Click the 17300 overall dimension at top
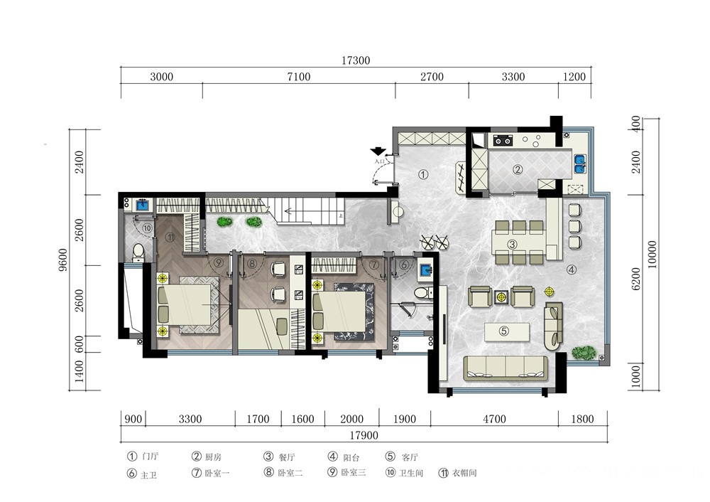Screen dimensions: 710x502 (356, 60)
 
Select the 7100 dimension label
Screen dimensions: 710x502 (299, 77)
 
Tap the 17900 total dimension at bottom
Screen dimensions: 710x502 (364, 435)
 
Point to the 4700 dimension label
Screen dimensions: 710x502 (494, 419)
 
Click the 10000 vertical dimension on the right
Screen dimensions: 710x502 (652, 255)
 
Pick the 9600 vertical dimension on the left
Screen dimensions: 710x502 (63, 260)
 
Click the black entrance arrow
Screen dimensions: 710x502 (378, 151)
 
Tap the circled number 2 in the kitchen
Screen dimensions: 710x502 (518, 170)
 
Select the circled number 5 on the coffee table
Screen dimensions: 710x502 (504, 331)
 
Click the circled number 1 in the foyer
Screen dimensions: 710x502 (423, 174)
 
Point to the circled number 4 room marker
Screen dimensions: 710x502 (572, 269)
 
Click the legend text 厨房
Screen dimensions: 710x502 (213, 457)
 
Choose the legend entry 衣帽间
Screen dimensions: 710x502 (464, 473)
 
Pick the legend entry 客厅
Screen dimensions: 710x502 (410, 457)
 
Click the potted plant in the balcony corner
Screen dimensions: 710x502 (584, 353)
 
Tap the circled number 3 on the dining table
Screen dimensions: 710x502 (512, 245)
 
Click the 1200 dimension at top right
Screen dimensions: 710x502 (574, 77)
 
